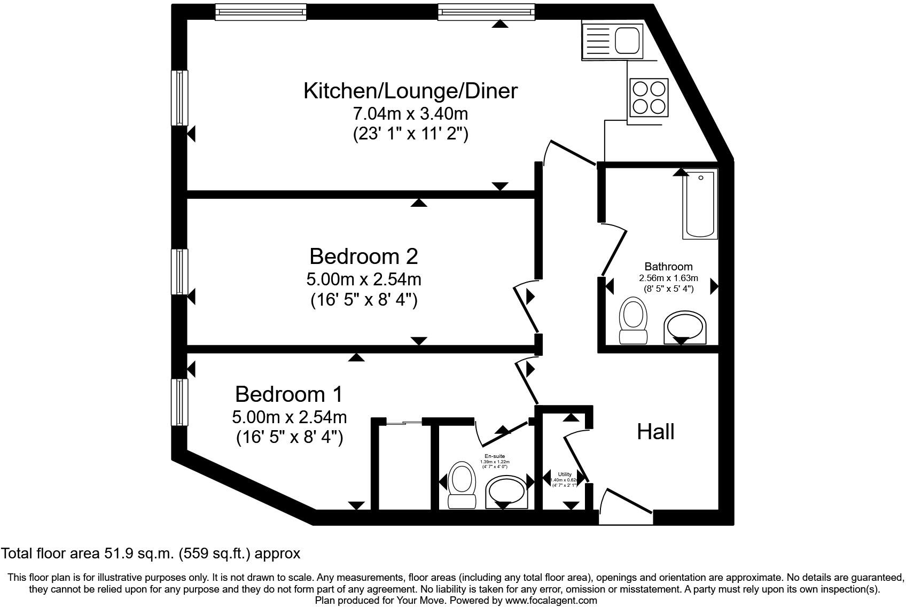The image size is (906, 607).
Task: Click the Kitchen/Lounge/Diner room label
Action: (410, 91)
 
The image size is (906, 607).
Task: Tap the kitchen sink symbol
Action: (613, 40)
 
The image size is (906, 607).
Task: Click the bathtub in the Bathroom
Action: (700, 204)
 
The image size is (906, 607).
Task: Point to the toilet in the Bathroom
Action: (633, 321)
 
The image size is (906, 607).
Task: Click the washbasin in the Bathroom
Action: (685, 327)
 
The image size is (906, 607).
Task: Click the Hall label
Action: (655, 432)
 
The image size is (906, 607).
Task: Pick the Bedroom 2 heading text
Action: (363, 256)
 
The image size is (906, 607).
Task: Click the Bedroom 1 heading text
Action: (289, 394)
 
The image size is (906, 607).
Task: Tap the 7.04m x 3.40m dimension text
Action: (410, 114)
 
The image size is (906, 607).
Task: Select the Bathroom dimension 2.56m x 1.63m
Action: (668, 278)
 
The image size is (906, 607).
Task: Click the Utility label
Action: (565, 474)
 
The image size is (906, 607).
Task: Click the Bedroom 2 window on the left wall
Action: (179, 271)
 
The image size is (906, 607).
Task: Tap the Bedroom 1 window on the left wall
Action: (179, 402)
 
